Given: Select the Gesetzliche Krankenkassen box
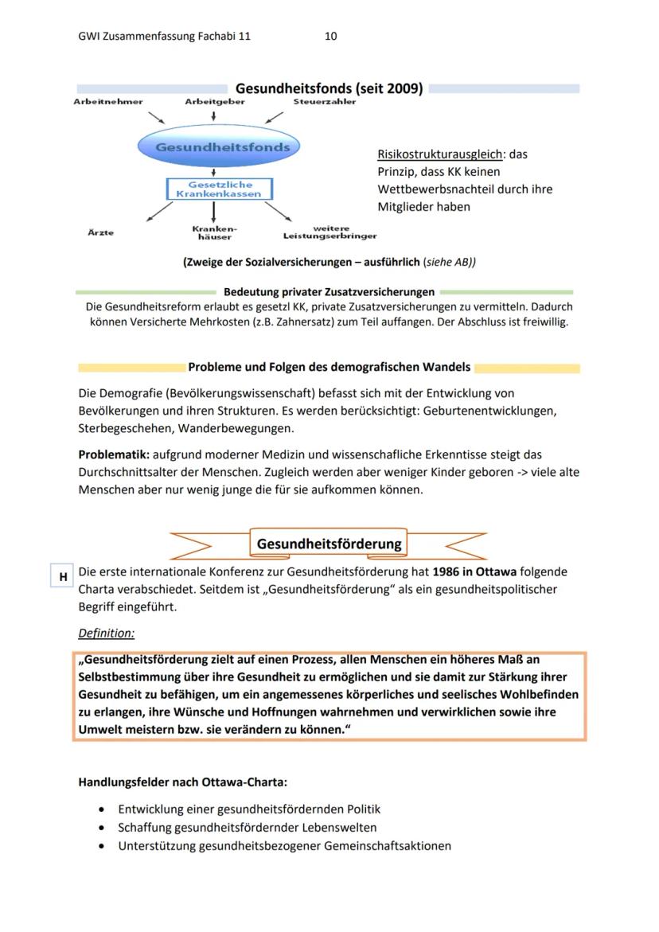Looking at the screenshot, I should click(x=219, y=189).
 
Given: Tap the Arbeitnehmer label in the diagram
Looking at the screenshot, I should click(x=108, y=102).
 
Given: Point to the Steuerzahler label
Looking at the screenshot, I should click(x=325, y=102).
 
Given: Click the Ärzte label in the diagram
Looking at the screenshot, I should click(x=101, y=232).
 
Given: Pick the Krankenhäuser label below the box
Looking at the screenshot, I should click(x=215, y=232).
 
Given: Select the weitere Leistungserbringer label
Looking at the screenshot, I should click(x=329, y=232).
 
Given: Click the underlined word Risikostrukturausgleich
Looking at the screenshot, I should click(x=441, y=154).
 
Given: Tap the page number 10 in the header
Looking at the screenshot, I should click(x=331, y=37).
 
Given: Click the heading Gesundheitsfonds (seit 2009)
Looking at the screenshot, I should click(x=329, y=88).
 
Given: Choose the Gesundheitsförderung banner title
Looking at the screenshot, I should click(x=329, y=544).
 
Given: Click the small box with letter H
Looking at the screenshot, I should click(x=62, y=576).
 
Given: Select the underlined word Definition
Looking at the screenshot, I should click(x=107, y=634).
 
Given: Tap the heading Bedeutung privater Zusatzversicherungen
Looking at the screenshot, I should click(x=329, y=292).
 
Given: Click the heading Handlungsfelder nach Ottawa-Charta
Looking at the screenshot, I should click(x=188, y=782).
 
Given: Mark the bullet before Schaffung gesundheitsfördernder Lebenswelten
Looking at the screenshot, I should click(x=100, y=828).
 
